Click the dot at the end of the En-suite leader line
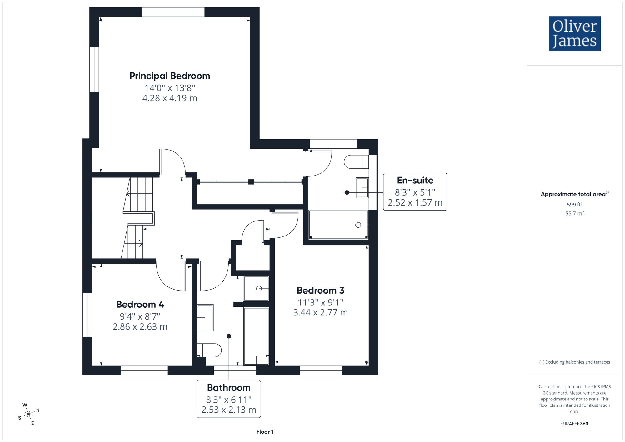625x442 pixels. point(347,192)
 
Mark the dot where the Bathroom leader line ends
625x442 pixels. point(229,336)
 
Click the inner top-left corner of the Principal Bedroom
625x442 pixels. point(99,17)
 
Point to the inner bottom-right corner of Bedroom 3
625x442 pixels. point(369,365)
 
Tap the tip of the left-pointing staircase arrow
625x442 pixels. point(127,194)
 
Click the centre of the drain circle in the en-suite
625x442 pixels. point(358,225)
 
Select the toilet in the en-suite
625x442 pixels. point(357,162)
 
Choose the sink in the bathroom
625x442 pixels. point(205,317)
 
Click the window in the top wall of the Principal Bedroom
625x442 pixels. point(173,12)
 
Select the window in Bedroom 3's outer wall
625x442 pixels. point(321,370)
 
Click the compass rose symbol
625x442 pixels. point(29,414)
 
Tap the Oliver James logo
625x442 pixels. point(575,34)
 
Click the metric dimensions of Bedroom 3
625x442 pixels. point(320,312)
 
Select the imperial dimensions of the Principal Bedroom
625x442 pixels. point(170,88)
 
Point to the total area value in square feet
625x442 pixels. point(575,205)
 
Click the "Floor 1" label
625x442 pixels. point(265,432)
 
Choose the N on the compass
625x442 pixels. point(38,410)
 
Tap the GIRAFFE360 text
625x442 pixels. point(575,424)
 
